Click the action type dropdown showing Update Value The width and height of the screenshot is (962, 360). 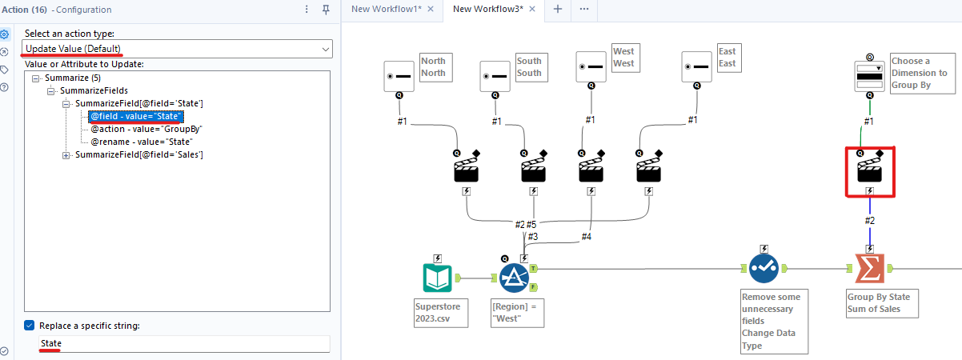click(x=176, y=50)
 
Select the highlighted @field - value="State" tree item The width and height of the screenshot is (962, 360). click(x=136, y=116)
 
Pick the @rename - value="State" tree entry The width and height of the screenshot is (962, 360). click(x=142, y=142)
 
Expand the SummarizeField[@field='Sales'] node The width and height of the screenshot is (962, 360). click(x=66, y=154)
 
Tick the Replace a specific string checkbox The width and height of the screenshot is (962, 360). click(x=30, y=326)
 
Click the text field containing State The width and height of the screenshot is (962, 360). click(x=184, y=343)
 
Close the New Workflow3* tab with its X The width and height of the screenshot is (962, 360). click(x=532, y=9)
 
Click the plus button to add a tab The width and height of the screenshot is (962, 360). click(x=558, y=9)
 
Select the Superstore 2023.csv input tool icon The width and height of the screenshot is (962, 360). click(x=438, y=278)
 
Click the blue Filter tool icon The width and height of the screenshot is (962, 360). click(x=515, y=278)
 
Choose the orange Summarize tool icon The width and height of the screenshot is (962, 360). click(x=869, y=270)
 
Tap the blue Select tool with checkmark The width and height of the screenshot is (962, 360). click(x=764, y=270)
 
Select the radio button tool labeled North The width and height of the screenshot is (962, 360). click(x=399, y=76)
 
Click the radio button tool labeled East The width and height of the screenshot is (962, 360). click(x=697, y=66)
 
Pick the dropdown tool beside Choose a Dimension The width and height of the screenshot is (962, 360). click(x=869, y=77)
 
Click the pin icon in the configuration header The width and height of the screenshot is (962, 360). click(x=326, y=10)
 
